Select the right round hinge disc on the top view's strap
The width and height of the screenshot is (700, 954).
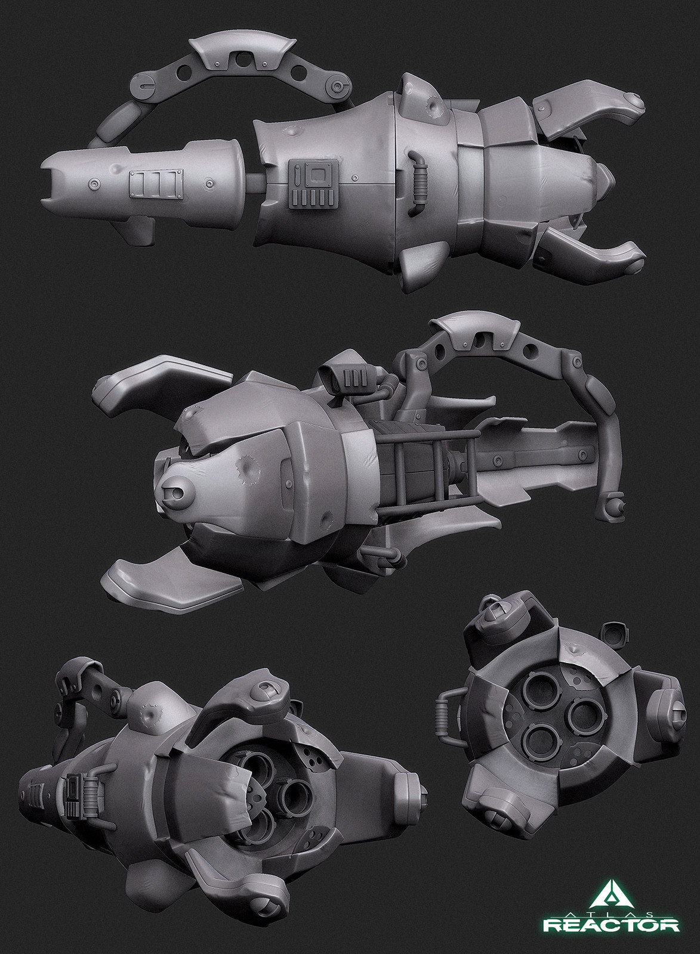click(340, 87)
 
